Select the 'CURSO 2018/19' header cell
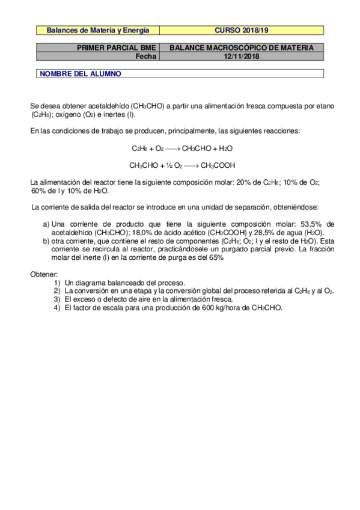[x=242, y=29]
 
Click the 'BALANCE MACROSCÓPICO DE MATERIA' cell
[x=242, y=48]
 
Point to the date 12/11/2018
[x=242, y=57]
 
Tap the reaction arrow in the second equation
[x=191, y=165]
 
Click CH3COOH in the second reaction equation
[x=218, y=165]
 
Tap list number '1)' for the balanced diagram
[x=56, y=283]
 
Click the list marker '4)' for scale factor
[x=56, y=307]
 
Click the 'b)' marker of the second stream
[x=46, y=241]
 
